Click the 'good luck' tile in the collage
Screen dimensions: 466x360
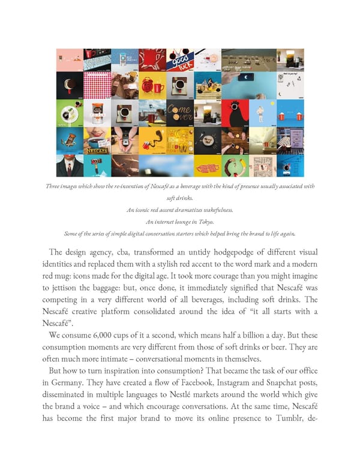coord(179,59)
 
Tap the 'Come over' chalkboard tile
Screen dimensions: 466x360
coord(179,112)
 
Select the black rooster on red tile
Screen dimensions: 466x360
coord(235,112)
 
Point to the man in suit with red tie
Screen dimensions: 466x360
coord(70,165)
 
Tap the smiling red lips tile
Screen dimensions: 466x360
coord(97,139)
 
